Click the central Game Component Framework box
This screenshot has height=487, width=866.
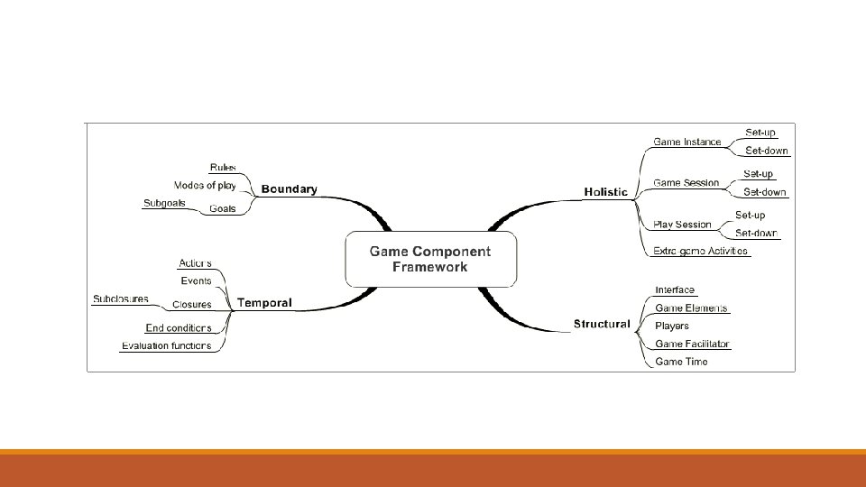click(x=430, y=258)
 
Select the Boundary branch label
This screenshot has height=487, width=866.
click(x=289, y=189)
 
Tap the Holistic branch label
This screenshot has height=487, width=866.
click(x=605, y=192)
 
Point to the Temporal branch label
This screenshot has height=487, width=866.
click(x=264, y=303)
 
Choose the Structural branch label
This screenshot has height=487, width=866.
click(x=602, y=324)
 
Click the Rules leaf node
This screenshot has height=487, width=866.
click(x=223, y=167)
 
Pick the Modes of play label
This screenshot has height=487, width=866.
click(x=205, y=186)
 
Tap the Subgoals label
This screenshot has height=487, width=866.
click(x=164, y=203)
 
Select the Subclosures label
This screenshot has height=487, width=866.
click(x=121, y=299)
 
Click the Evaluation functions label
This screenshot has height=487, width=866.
click(x=167, y=345)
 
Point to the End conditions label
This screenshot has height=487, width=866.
click(x=179, y=327)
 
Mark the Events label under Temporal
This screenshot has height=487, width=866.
click(x=196, y=281)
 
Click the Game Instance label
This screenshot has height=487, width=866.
click(x=687, y=142)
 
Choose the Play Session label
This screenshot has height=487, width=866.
click(x=683, y=225)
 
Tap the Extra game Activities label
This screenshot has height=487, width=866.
click(x=701, y=252)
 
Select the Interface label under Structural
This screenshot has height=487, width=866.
click(x=675, y=289)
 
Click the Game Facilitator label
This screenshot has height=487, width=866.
click(x=693, y=344)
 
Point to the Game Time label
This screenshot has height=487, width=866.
click(x=681, y=362)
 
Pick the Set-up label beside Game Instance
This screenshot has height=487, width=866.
click(x=760, y=132)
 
